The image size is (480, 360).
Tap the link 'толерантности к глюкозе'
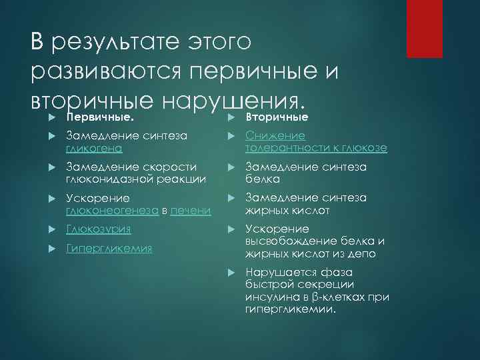(316, 147)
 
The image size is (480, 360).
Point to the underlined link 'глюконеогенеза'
(113, 211)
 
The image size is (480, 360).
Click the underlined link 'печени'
(191, 211)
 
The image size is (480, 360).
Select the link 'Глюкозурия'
(98, 229)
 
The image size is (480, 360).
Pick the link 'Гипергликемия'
(109, 248)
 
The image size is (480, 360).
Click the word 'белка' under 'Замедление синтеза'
(261, 179)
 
